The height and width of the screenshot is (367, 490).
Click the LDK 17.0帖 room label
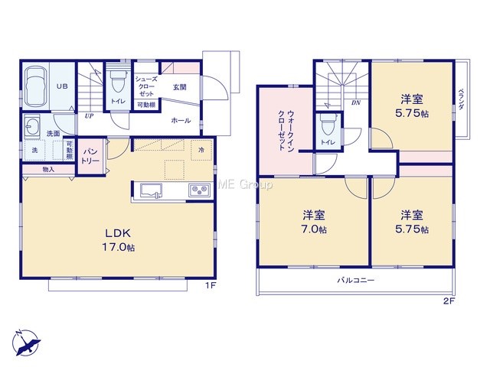[119, 240]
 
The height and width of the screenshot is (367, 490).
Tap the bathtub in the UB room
[35, 86]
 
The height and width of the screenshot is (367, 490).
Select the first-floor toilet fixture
[118, 80]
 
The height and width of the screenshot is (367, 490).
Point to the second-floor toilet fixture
[327, 125]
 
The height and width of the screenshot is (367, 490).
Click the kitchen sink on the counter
[151, 190]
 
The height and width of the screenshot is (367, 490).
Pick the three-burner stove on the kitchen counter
[199, 190]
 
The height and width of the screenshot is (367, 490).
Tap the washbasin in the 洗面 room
[32, 126]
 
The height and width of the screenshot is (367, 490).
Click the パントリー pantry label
[90, 156]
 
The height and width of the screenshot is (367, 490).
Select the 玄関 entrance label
[180, 88]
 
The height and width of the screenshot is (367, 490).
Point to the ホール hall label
[181, 121]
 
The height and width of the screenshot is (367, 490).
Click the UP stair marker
[89, 115]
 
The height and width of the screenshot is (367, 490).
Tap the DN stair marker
[356, 102]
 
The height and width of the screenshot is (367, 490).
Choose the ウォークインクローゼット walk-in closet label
[286, 131]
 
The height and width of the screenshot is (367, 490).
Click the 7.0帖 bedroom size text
[315, 229]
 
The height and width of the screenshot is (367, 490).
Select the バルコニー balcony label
[355, 280]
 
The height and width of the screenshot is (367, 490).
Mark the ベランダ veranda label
[461, 99]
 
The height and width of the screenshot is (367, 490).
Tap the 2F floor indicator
[449, 301]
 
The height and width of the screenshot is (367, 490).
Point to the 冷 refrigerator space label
[201, 150]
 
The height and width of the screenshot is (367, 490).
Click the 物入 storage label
[48, 170]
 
